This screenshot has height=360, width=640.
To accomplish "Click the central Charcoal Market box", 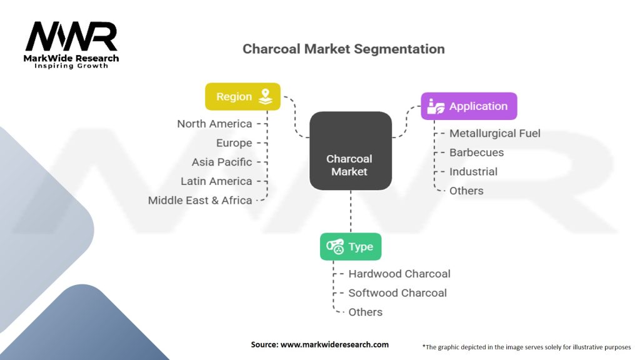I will coord(350,151).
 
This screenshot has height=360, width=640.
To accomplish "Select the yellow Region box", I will coord(242,97).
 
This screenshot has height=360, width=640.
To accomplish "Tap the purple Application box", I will coord(468,106).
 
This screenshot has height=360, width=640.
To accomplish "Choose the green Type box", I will coord(350,247).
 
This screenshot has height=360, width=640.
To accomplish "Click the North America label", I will coord(214,124).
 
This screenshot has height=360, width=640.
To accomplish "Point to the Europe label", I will coord(234,143).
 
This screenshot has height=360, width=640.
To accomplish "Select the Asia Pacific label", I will coord(222,162).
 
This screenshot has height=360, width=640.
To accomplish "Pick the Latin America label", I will coord(216,181).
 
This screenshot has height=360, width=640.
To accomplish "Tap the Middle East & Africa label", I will coord(200,201).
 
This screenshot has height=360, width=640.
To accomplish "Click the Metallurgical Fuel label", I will coord(494,133).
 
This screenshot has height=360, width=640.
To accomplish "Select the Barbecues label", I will coord(476,152).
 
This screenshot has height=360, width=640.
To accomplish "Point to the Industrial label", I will coord(473,171).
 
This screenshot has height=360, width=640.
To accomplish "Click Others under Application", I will coord(466,191).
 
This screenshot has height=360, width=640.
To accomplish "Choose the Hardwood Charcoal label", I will coord(399,274).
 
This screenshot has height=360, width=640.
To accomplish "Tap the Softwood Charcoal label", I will coord(397,292).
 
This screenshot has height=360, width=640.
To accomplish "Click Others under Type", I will coord(365,312).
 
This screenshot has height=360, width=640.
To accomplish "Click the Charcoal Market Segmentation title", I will coord(343,49).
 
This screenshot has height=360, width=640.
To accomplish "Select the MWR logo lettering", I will coord(71,37).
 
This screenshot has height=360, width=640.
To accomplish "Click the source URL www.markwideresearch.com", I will coord(334,344).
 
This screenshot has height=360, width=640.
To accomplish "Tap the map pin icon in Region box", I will coord(266,96).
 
